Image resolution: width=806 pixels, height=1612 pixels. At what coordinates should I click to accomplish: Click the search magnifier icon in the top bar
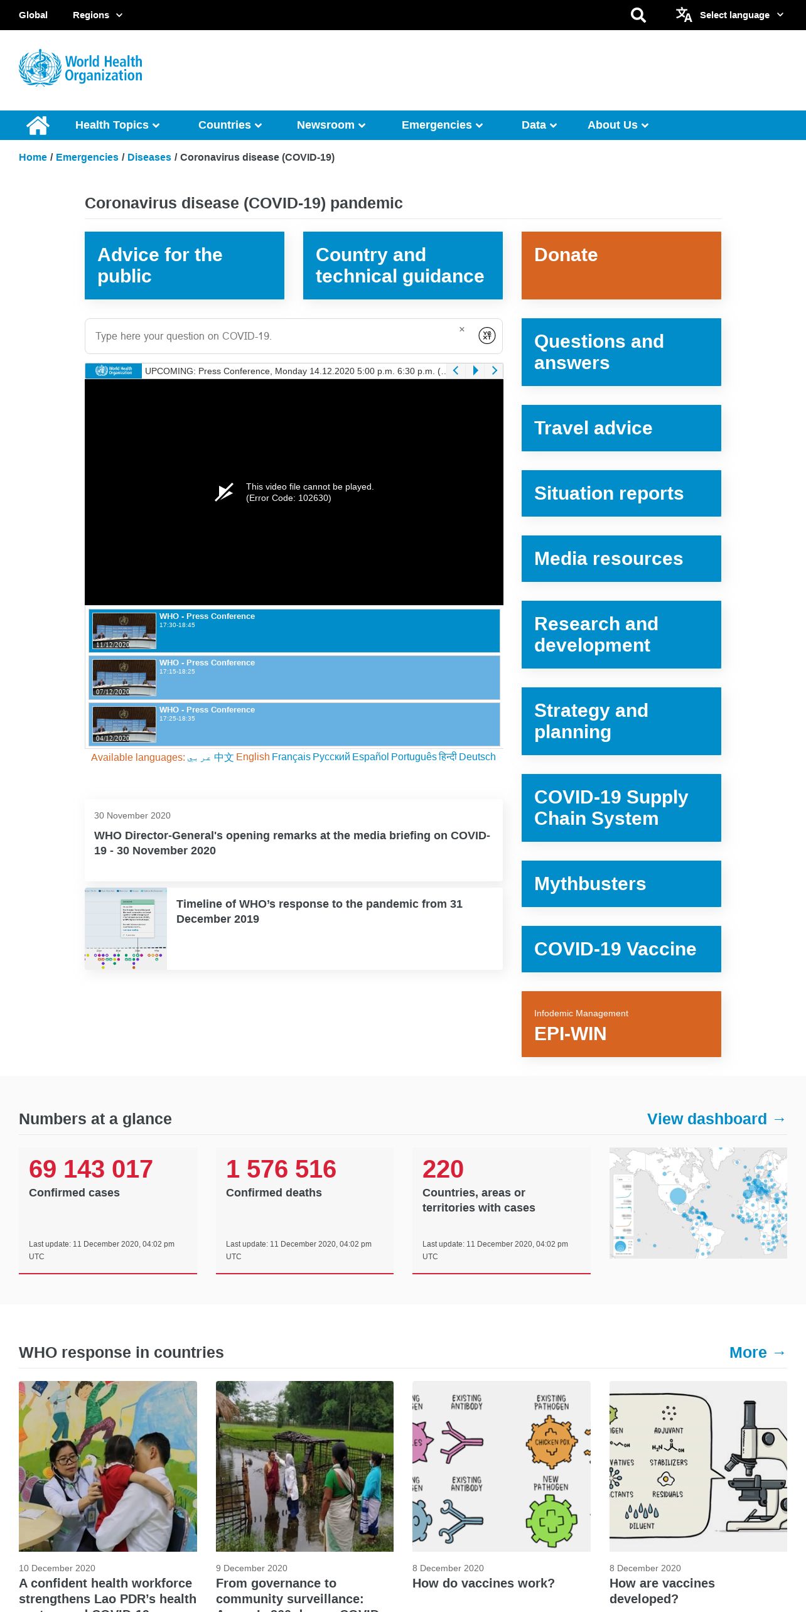coord(638,15)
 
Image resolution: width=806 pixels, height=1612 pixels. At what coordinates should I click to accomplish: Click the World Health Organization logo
coord(81,68)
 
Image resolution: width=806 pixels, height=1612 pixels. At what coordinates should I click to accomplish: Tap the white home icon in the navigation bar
coord(38,125)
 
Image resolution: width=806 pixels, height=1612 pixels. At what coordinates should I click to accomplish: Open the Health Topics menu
coord(117,125)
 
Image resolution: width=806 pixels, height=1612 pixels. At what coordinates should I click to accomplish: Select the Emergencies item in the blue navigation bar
coord(442,125)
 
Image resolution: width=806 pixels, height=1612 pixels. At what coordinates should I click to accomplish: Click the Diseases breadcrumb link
coord(149,158)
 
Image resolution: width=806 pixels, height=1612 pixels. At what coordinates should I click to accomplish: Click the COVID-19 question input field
coord(276,336)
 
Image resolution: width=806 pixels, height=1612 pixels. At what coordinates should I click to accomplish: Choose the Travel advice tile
coord(621,428)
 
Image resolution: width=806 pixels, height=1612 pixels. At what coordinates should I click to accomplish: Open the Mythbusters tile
coord(621,884)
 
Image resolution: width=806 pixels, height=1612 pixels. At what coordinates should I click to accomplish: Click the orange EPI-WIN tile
coord(621,1024)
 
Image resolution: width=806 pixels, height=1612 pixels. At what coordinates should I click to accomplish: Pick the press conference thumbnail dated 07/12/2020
coord(124,678)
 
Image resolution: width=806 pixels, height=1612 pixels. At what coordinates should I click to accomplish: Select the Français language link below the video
coord(291,757)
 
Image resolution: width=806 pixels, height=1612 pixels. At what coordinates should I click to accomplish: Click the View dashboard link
coord(716,1119)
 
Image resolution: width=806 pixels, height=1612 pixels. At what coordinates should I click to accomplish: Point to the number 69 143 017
coord(91,1169)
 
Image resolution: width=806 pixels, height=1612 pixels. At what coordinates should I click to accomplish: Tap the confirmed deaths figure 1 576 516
coord(281,1169)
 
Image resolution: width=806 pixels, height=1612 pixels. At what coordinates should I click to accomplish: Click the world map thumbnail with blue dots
coord(698,1203)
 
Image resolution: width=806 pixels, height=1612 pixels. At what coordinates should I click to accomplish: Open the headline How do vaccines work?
coord(483,1584)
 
